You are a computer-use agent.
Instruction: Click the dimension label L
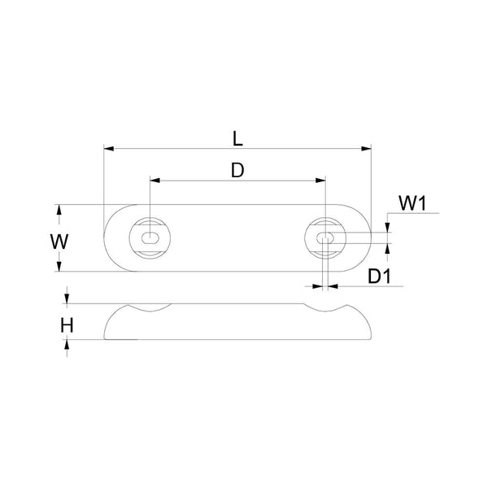[237, 137]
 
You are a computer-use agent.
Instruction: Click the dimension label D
[237, 169]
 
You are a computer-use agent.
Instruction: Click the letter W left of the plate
[58, 242]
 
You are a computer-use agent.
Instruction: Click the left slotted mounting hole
[150, 237]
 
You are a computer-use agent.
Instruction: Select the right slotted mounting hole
[325, 237]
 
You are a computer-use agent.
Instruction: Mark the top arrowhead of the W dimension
[58, 210]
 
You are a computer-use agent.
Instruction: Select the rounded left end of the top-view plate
[109, 237]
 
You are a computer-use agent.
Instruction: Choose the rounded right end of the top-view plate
[365, 237]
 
